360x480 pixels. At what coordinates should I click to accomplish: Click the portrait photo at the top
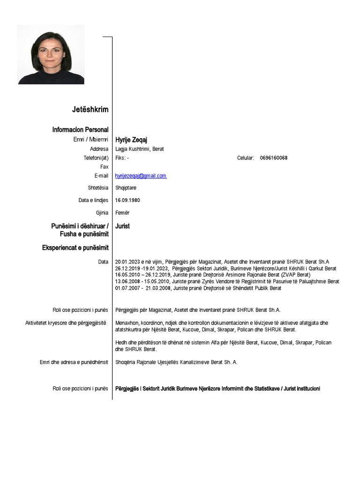[51, 55]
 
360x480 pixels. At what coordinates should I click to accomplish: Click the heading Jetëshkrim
[90, 110]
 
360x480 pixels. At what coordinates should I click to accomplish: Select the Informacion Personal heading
[80, 129]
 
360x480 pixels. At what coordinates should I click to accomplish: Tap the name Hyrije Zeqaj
[129, 140]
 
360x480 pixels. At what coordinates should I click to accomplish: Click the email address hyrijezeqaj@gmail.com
[141, 176]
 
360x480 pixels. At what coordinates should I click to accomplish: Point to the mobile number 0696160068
[274, 158]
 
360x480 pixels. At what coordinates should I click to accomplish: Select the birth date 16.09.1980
[127, 200]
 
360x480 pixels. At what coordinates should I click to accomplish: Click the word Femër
[122, 213]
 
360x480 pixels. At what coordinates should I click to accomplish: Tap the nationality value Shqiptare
[127, 187]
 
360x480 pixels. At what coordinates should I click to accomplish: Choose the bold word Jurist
[122, 226]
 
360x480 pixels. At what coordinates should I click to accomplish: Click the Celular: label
[246, 158]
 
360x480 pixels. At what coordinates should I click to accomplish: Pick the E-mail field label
[101, 176]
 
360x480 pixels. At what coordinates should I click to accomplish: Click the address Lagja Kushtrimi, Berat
[140, 149]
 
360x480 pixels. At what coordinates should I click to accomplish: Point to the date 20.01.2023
[127, 262]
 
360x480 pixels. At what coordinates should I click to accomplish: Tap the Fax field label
[104, 167]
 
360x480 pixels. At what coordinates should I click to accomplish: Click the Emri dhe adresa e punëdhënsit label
[74, 362]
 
